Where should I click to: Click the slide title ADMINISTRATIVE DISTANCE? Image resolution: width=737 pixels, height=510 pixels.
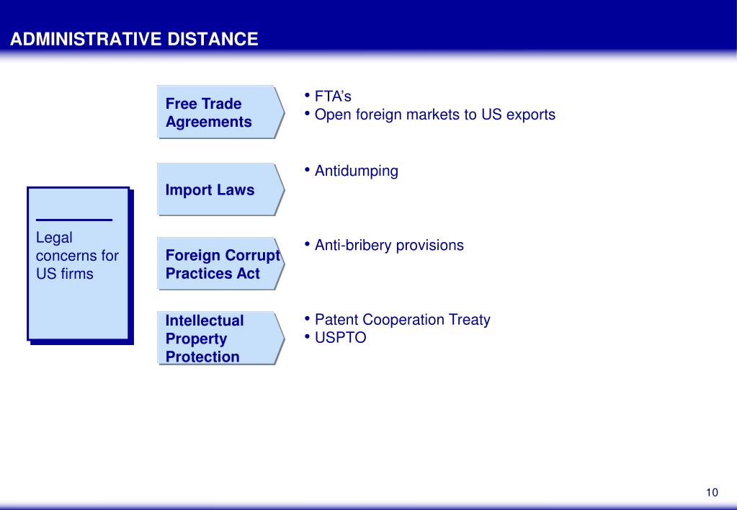tap(134, 39)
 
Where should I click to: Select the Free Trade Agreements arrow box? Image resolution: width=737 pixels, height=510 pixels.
tap(221, 112)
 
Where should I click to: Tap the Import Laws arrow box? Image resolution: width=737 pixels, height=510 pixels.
tap(221, 189)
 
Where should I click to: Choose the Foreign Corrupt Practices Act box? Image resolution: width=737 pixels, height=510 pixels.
tap(221, 264)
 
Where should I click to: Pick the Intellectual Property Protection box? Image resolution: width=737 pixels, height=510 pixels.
tap(221, 338)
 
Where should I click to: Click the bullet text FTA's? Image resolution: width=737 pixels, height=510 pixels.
tap(333, 97)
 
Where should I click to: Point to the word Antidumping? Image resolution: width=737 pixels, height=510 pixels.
tap(357, 171)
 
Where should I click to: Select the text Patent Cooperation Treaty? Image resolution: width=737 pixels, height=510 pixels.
tap(402, 320)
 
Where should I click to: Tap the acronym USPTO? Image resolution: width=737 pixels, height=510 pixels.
tap(340, 338)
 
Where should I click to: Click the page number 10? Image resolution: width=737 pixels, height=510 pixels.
tap(712, 492)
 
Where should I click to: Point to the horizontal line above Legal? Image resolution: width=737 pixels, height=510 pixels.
tap(74, 220)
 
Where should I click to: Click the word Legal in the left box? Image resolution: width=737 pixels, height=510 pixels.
tap(54, 238)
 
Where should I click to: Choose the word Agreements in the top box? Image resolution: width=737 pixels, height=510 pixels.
tap(209, 122)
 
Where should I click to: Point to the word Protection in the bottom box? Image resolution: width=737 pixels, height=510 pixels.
tap(202, 357)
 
